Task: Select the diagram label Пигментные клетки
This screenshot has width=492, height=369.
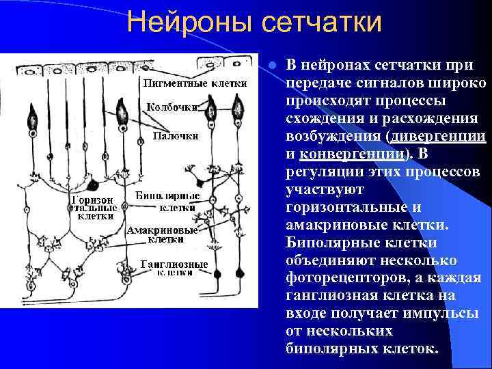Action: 189,84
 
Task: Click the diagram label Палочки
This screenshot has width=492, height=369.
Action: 175,135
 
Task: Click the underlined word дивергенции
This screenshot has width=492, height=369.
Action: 437,136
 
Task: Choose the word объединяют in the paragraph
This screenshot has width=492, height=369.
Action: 325,260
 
